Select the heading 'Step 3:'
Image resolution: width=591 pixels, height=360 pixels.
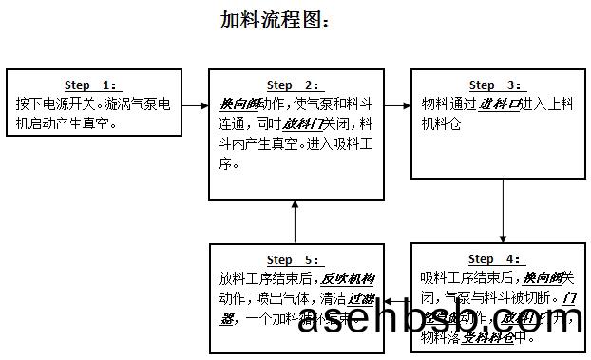tap(495, 85)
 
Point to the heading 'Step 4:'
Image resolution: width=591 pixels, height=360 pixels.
tap(495, 259)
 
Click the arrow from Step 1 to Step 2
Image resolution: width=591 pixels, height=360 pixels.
tap(195, 104)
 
